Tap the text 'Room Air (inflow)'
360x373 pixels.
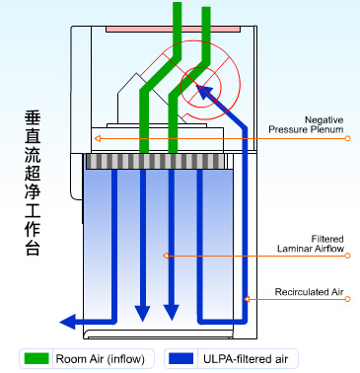pyautogui.click(x=95, y=357)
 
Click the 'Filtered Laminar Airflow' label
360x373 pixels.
pyautogui.click(x=312, y=243)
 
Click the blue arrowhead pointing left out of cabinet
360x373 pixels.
pyautogui.click(x=68, y=321)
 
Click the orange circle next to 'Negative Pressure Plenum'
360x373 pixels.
pyautogui.click(x=348, y=138)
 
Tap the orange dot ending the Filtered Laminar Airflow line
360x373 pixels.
pyautogui.click(x=167, y=256)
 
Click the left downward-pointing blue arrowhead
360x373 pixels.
pyautogui.click(x=143, y=313)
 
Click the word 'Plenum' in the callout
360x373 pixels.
pyautogui.click(x=326, y=128)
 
